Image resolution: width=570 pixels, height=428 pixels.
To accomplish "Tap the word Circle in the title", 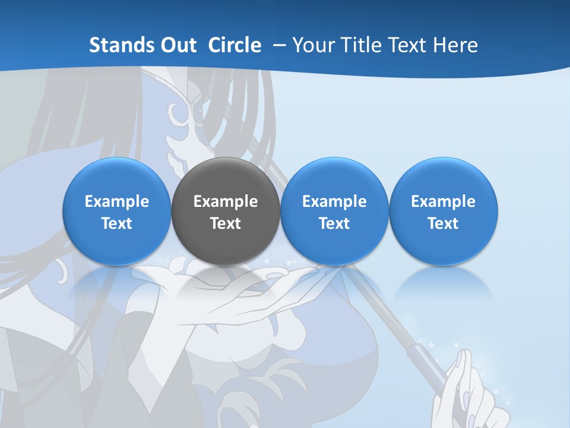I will (235, 45).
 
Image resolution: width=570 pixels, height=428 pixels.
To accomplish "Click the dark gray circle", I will (226, 211).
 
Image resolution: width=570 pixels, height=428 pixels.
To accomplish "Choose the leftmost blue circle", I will (117, 211).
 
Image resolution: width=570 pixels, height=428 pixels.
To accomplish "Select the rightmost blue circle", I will (444, 211).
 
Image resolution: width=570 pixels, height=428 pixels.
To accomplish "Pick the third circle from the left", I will (334, 211).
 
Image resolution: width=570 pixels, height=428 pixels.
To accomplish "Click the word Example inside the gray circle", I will (226, 202).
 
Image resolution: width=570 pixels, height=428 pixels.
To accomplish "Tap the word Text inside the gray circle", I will (226, 224).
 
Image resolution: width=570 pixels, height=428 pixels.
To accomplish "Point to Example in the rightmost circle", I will (444, 202).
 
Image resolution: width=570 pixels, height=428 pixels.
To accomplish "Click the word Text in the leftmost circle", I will (117, 224).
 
